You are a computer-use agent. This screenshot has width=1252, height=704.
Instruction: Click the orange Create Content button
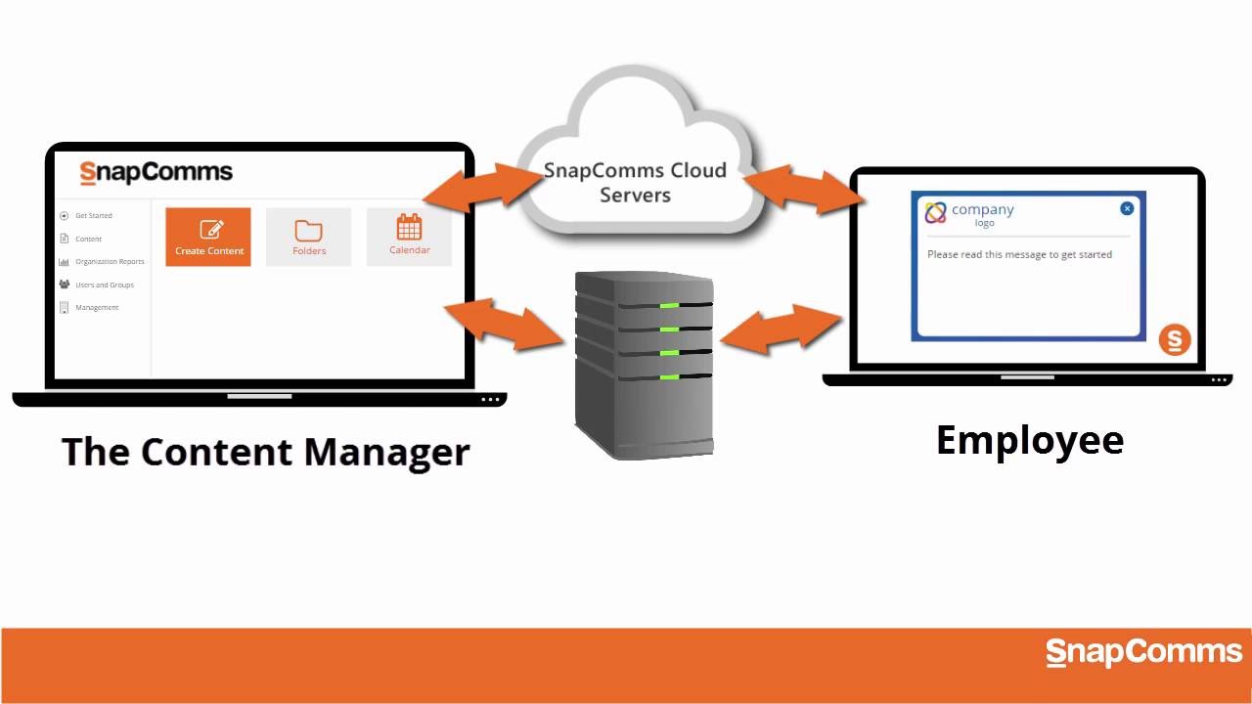[x=207, y=237]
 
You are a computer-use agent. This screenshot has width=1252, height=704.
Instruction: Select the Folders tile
[x=308, y=237]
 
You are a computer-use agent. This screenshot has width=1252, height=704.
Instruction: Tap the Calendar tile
[x=409, y=237]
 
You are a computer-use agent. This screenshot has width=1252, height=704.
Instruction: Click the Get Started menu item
[x=93, y=215]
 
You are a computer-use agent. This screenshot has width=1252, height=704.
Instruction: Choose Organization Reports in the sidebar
[x=109, y=262]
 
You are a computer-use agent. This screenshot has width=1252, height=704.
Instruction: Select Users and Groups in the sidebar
[x=104, y=285]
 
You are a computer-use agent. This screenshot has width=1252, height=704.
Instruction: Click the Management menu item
[x=96, y=308]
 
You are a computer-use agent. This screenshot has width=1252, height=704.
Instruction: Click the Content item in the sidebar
[x=88, y=239]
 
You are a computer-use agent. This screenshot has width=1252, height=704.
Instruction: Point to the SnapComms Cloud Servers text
[x=635, y=183]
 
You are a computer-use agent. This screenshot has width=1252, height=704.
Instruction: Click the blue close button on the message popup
[x=1127, y=208]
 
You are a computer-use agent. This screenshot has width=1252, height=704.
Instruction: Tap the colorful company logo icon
[x=936, y=212]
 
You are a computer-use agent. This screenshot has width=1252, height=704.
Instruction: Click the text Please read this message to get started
[x=1019, y=254]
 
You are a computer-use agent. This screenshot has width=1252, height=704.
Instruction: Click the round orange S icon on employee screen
[x=1175, y=340]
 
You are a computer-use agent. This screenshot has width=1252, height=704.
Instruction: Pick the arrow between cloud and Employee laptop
[x=804, y=189]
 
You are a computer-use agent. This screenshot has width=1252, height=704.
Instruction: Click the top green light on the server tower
[x=670, y=305]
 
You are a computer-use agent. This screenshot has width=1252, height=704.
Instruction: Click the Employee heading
[x=1030, y=440]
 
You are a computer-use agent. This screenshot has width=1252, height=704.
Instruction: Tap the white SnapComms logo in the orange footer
[x=1142, y=653]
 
